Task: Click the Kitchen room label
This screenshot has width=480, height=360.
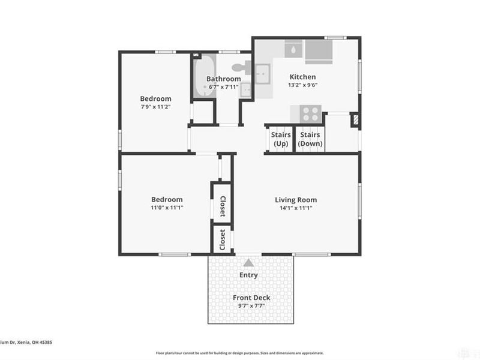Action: point(302,77)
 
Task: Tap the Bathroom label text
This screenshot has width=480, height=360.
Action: point(223,79)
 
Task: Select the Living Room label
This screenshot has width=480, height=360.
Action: point(296,200)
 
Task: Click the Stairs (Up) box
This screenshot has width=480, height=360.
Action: point(281,139)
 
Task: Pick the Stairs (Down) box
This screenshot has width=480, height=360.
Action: point(310,139)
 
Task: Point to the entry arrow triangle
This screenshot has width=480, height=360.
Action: point(248,262)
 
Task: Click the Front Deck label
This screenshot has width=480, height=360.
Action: point(251,298)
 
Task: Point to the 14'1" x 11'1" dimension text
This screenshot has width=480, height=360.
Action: point(296,208)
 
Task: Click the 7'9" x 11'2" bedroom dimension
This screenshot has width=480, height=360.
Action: point(155,107)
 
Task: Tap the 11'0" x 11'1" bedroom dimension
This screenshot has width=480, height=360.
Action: point(166,208)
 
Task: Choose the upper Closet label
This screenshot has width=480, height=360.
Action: point(222,206)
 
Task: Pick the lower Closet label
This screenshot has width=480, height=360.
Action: point(222,239)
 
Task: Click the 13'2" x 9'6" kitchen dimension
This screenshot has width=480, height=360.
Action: point(302,85)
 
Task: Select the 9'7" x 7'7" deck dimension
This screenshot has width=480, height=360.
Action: point(251,305)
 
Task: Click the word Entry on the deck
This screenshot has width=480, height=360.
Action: point(248,275)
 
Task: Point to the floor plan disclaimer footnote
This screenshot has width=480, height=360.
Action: point(239,353)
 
